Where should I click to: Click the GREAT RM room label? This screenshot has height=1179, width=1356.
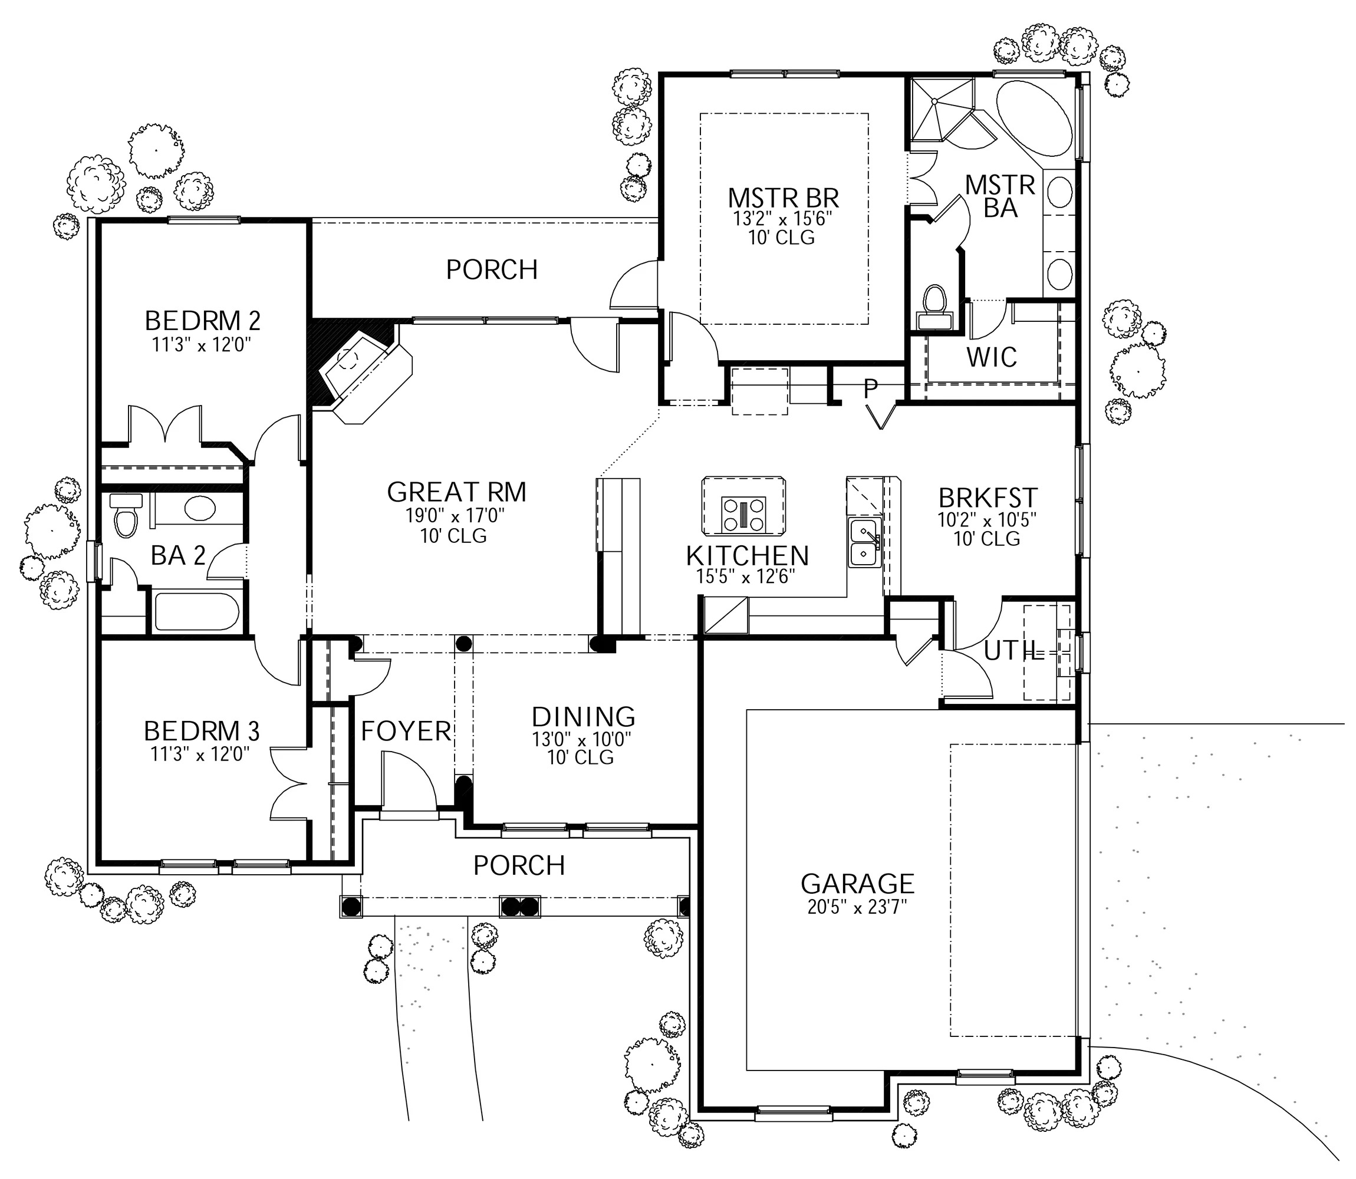coord(456,492)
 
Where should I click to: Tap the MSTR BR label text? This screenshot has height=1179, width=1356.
coord(784,198)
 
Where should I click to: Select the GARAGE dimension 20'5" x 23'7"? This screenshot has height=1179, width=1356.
coord(857,907)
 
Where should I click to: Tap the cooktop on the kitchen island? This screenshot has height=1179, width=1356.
coord(743,514)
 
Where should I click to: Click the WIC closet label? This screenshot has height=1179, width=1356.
coord(992,357)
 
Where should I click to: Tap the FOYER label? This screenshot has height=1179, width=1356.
coord(406,731)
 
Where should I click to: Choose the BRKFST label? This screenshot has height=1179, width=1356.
coord(988,498)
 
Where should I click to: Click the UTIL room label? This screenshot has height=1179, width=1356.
coord(1014,651)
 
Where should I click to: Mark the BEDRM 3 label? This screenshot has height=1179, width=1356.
coord(202,731)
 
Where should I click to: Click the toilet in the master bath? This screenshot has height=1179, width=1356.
coord(934,307)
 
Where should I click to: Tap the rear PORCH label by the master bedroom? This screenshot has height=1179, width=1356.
coord(492,270)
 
